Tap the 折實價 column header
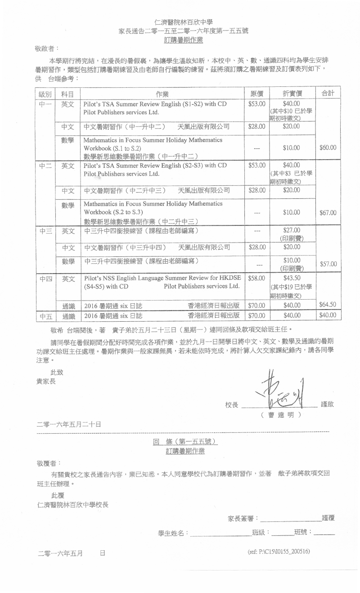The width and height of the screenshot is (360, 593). coord(292,94)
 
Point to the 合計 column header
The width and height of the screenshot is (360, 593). coord(328,94)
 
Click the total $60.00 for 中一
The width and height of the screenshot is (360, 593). coord(328,148)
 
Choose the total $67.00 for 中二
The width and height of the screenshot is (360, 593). coord(328,213)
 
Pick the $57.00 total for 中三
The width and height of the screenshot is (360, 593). coord(328,264)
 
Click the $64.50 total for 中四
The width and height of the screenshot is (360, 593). coord(327,305)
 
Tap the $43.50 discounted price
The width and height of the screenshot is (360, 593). coord(292,279)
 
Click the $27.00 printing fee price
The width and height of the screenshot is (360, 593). coord(292,230)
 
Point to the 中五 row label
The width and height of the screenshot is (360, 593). coord(46,316)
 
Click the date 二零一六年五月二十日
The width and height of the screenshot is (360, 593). coord(69,424)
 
